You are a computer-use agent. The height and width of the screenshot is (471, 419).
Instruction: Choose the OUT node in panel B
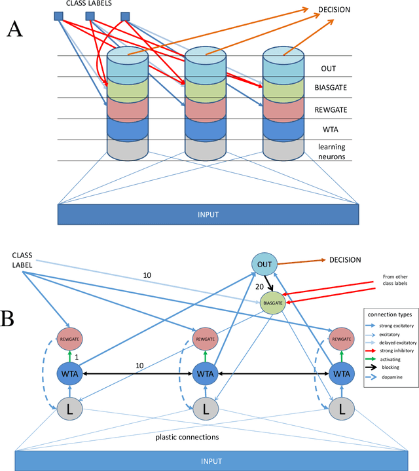264,263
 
